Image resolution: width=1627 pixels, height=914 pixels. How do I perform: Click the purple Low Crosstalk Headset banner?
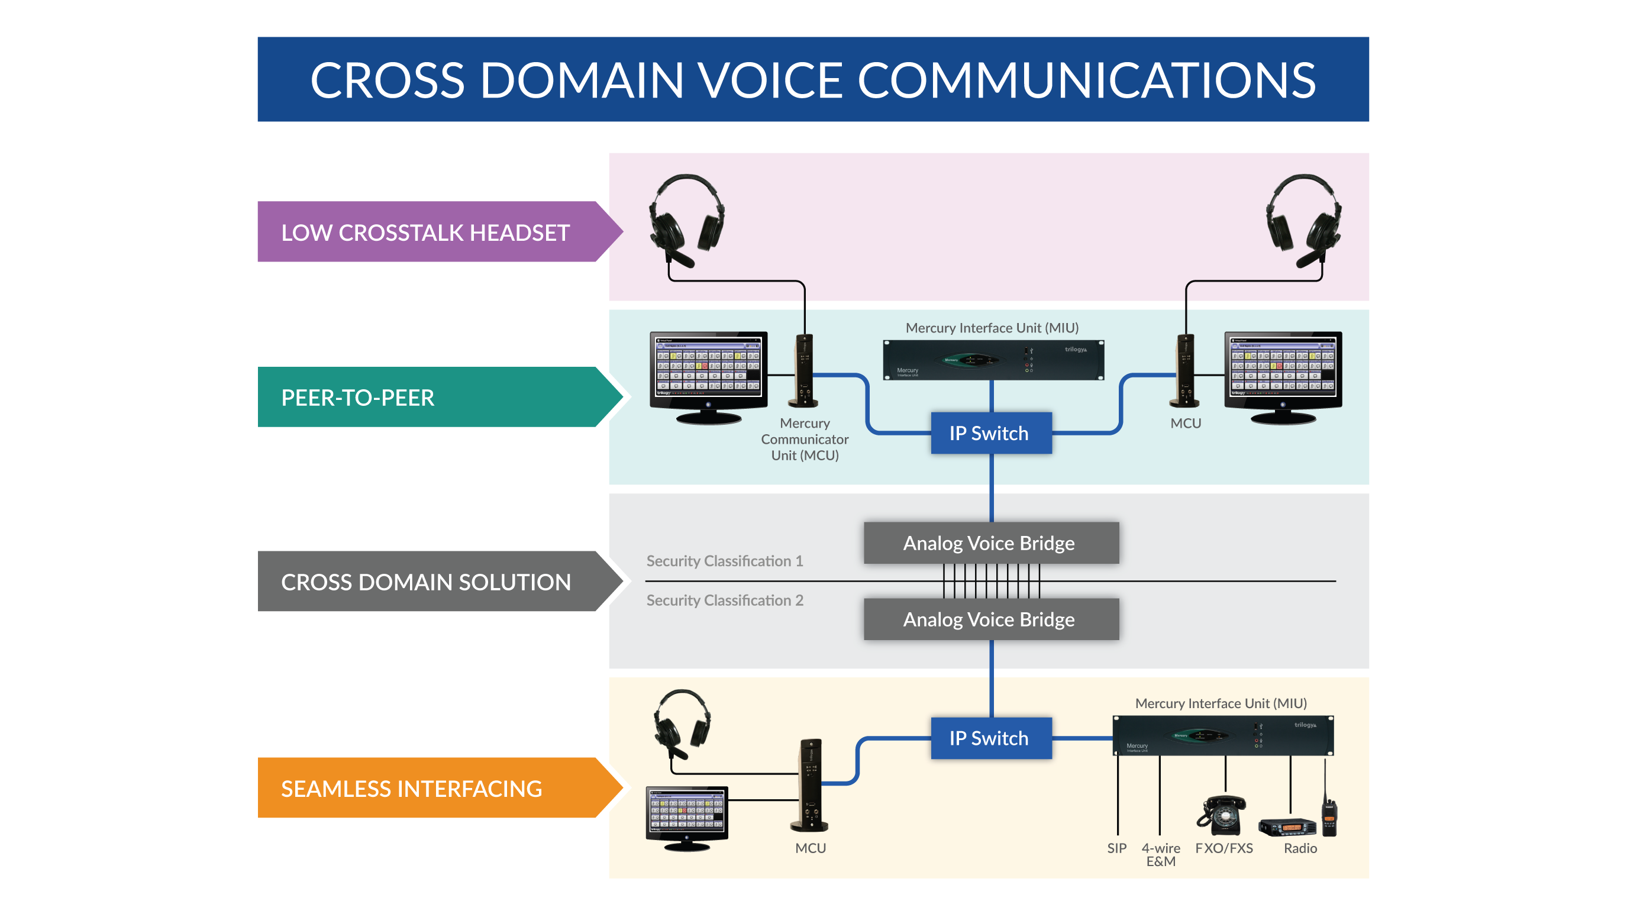[430, 232]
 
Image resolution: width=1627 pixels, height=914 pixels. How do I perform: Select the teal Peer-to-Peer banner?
[430, 398]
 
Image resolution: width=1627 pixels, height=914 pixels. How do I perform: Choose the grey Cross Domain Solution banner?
[430, 581]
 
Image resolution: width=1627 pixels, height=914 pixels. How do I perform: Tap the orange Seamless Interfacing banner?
[430, 787]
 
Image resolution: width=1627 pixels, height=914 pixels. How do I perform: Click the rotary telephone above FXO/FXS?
[1222, 815]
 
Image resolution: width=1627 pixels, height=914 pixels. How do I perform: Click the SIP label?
[1116, 848]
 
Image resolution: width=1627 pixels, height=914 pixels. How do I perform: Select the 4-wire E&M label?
[1160, 855]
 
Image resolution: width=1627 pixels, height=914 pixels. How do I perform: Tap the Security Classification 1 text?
[724, 561]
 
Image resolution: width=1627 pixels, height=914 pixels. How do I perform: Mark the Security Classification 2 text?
[724, 600]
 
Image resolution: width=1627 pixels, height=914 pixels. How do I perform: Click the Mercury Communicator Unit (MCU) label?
[804, 439]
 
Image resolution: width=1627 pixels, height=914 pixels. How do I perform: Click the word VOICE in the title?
[770, 80]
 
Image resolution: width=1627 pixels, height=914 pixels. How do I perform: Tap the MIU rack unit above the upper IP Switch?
[993, 360]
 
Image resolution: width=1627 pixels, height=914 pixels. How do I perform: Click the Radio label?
[1300, 848]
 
